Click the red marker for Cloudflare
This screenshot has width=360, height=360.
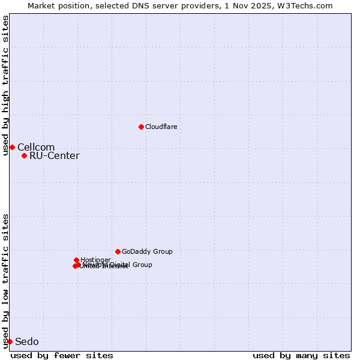[x=141, y=127]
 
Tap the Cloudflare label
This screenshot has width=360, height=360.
[x=161, y=127]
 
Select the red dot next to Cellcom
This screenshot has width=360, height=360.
[x=12, y=147]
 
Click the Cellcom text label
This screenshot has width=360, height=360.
[x=36, y=147]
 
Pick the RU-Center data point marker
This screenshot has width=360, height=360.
[x=24, y=155]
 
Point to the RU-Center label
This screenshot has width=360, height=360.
[x=54, y=156]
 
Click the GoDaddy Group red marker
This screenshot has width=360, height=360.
[x=118, y=251]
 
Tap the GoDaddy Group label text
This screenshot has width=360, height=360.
[x=147, y=251]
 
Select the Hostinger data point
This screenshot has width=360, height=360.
[x=76, y=260]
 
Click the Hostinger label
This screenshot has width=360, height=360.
[x=95, y=260]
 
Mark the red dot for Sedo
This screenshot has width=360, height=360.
[x=10, y=341]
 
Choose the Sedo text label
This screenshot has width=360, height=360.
[x=26, y=342]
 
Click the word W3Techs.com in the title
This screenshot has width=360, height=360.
[x=310, y=5]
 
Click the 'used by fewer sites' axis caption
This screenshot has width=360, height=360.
[x=62, y=355]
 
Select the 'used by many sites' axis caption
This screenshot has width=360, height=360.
[x=301, y=355]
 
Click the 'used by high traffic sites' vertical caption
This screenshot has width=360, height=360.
[x=5, y=85]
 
